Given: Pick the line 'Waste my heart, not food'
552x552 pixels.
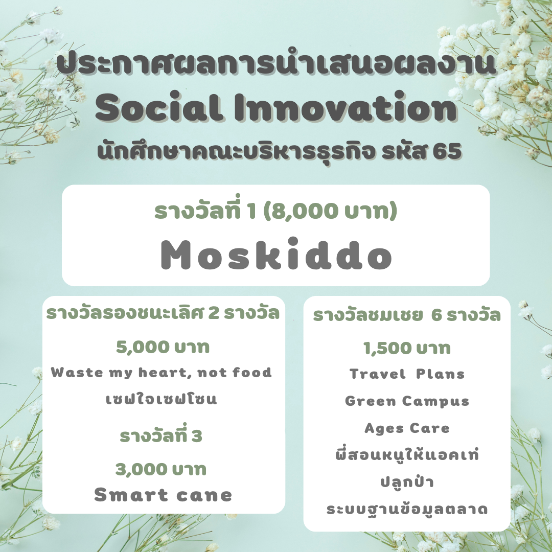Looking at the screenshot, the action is [x=161, y=373].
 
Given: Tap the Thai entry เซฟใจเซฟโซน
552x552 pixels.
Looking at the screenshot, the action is [x=161, y=399].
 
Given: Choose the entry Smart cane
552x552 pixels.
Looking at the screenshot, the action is [x=163, y=495].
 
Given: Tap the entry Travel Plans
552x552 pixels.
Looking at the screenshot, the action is [x=407, y=374].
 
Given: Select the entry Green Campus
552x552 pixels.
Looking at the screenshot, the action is [x=407, y=401].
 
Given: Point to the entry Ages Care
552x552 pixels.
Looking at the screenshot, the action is [x=407, y=428].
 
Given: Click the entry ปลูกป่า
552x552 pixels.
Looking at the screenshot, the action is [x=407, y=481].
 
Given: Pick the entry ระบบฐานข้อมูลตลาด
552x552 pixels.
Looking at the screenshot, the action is [x=407, y=510].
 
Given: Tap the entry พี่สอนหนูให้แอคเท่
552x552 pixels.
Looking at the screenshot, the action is [x=407, y=454].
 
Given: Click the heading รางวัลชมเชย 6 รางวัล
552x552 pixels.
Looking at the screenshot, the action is [x=407, y=315].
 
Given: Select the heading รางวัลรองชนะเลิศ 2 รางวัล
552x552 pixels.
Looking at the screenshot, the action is [x=163, y=313].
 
